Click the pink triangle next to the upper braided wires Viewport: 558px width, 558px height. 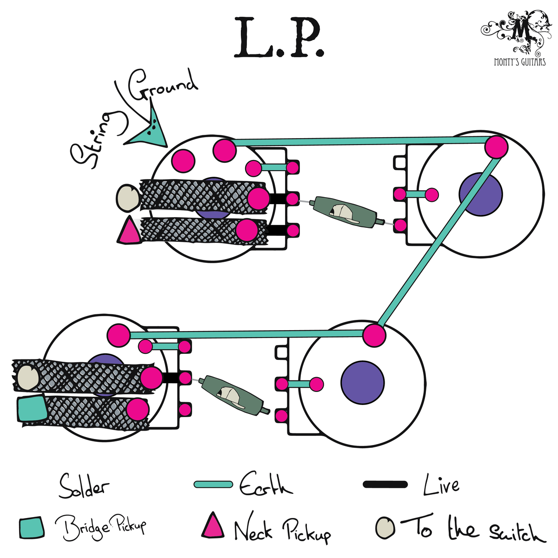point(129,232)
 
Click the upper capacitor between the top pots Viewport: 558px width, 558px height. point(345,212)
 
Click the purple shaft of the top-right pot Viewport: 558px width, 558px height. point(480,194)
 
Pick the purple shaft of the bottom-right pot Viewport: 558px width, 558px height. point(362,382)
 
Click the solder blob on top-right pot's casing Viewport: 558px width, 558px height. point(496,147)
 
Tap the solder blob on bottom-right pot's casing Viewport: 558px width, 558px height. point(374,334)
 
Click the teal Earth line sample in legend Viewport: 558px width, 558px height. point(213,485)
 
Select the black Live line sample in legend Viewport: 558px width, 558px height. point(385,485)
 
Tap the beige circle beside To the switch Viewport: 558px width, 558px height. point(385,527)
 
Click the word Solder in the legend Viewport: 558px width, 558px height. point(84,487)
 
